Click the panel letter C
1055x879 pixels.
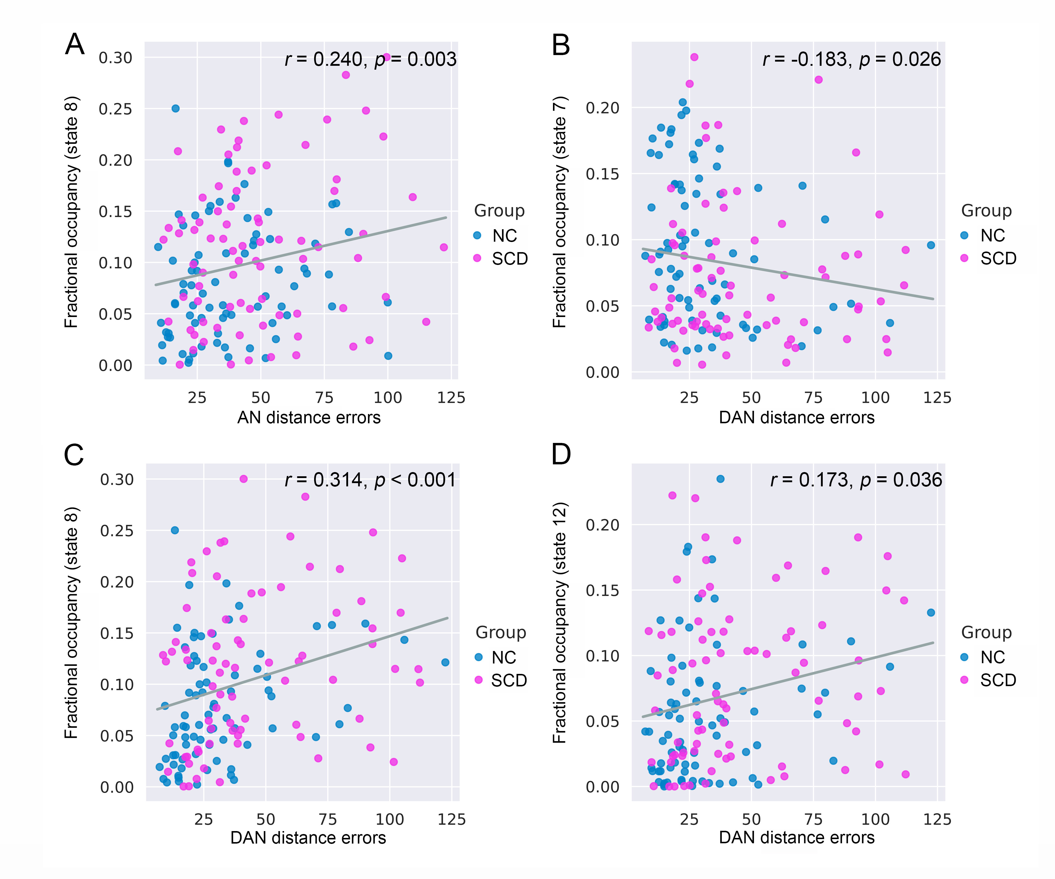(x=74, y=455)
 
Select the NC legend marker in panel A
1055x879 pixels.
(x=477, y=235)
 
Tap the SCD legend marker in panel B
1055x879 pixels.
(x=964, y=258)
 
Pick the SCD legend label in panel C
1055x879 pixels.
(x=509, y=680)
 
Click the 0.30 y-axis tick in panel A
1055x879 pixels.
(x=116, y=58)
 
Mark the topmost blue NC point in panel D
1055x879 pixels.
(x=720, y=479)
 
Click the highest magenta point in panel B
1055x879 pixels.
(x=694, y=57)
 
